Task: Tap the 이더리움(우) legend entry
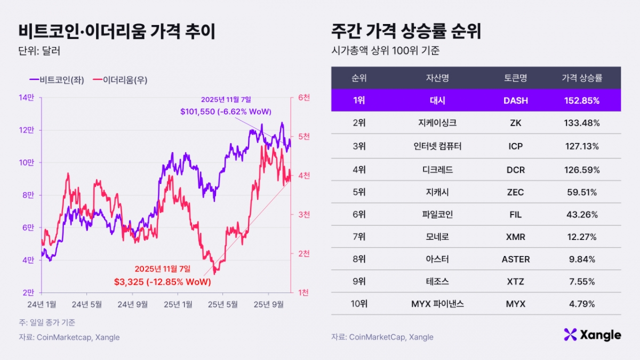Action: [120, 80]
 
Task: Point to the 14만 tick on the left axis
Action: [27, 98]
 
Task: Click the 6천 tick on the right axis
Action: [304, 98]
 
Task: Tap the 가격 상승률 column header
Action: [582, 78]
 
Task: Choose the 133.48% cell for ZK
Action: [582, 123]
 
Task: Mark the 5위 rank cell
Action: [359, 191]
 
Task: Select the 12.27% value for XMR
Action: [582, 237]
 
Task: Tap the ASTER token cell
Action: [516, 259]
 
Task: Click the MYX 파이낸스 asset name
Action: [437, 304]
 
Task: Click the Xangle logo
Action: [592, 335]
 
